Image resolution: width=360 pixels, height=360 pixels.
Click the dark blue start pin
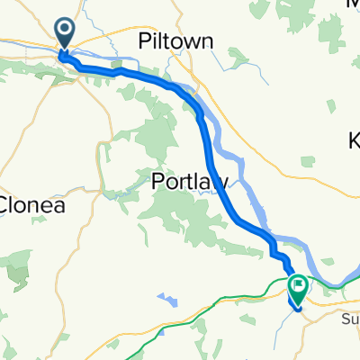pos(67,33)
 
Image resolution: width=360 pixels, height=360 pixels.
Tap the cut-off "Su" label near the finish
pos(350,318)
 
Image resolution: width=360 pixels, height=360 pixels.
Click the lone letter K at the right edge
pos(354,140)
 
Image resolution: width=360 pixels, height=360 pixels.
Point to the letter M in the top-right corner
pos(353,4)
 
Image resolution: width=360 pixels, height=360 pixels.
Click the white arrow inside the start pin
pos(67,31)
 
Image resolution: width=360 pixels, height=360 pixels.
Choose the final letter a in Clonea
pos(60,205)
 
